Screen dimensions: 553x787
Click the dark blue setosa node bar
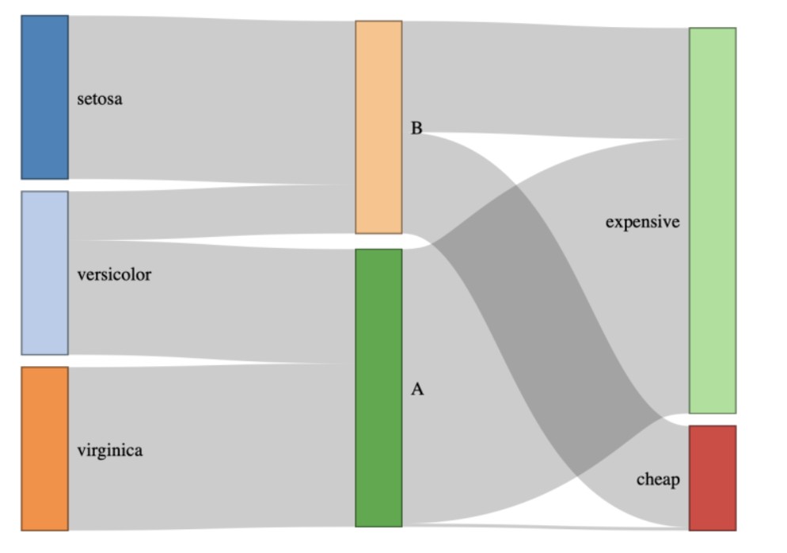pos(44,97)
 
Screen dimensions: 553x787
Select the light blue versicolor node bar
pos(44,273)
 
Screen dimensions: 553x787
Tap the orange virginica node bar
pos(44,448)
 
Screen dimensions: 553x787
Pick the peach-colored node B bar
pos(378,127)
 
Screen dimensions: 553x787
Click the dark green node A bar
pos(378,387)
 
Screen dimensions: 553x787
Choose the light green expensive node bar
pos(712,220)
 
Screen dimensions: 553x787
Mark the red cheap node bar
pos(712,478)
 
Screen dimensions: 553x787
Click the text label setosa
pos(100,100)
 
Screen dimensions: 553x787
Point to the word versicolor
pos(114,275)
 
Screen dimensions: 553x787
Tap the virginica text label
pos(110,451)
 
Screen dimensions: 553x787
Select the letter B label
pos(416,128)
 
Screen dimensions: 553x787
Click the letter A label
pos(417,389)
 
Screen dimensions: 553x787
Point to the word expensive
pos(642,222)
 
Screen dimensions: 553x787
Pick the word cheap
pos(658,479)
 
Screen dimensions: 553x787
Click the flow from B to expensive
pos(546,79)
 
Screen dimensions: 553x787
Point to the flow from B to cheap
pos(546,317)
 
